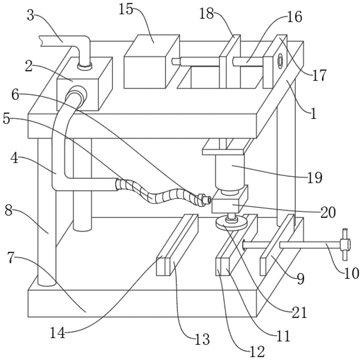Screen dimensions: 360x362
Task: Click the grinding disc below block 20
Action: coord(231,223)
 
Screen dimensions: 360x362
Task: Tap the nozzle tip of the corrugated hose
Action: coord(207,200)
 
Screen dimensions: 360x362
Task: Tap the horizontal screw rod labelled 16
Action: coord(248,60)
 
